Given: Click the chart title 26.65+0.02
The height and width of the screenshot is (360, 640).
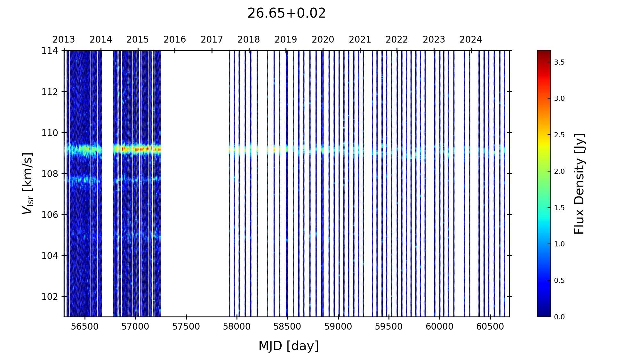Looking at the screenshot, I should pyautogui.click(x=286, y=13).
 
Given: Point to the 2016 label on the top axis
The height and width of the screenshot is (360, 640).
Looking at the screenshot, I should pyautogui.click(x=175, y=40).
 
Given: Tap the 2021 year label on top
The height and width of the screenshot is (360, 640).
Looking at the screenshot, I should pyautogui.click(x=360, y=40).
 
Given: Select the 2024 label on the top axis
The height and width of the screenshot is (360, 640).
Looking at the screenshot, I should pyautogui.click(x=471, y=40).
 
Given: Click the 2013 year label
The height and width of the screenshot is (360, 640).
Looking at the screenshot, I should pyautogui.click(x=64, y=40).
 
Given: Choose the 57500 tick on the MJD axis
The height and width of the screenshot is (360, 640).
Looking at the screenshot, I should pyautogui.click(x=186, y=327).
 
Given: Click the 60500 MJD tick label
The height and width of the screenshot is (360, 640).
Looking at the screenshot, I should pyautogui.click(x=490, y=327).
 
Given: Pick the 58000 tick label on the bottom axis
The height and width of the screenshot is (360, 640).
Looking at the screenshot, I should pyautogui.click(x=237, y=327).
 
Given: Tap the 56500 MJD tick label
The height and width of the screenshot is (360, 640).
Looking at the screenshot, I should pyautogui.click(x=85, y=327).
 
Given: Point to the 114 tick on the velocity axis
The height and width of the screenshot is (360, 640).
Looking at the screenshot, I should pyautogui.click(x=50, y=51).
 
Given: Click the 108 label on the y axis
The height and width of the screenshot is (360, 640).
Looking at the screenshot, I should pyautogui.click(x=50, y=174).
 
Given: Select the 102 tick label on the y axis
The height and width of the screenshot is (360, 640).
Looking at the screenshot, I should pyautogui.click(x=50, y=297).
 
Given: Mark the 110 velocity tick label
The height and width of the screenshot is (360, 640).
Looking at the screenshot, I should pyautogui.click(x=50, y=133).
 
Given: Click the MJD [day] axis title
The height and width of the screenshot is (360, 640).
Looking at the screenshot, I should pyautogui.click(x=288, y=346).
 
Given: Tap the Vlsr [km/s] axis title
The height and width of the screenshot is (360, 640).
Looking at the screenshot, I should pyautogui.click(x=27, y=183).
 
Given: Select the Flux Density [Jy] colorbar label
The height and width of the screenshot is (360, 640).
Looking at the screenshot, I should pyautogui.click(x=579, y=184).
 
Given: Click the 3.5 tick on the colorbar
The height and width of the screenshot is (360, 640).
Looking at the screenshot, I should pyautogui.click(x=559, y=62).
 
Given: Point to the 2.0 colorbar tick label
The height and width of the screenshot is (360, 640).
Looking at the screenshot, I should pyautogui.click(x=559, y=172).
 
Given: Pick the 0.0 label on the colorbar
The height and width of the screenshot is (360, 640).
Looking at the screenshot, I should pyautogui.click(x=559, y=317).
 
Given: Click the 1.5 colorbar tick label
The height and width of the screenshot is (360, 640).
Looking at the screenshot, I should pyautogui.click(x=559, y=208).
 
